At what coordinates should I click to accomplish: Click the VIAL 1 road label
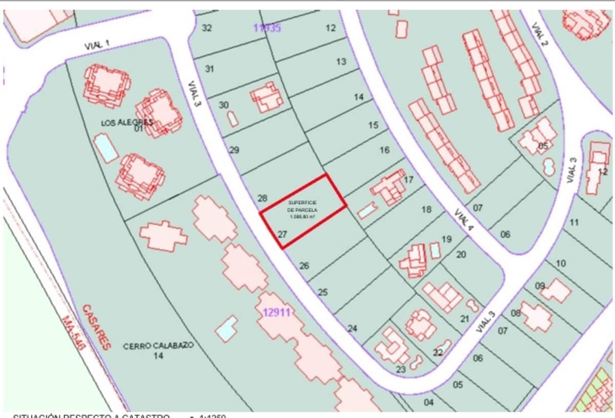(x=97, y=45)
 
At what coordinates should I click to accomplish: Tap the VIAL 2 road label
(x=540, y=34)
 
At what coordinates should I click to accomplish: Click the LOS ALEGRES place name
(x=127, y=122)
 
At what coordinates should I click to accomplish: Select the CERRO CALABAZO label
(x=158, y=346)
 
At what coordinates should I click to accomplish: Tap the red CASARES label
(x=96, y=326)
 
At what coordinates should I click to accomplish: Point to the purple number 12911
(x=277, y=312)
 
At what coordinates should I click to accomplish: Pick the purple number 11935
(x=267, y=28)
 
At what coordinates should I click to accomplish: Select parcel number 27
(x=282, y=235)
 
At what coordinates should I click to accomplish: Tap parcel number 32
(x=207, y=28)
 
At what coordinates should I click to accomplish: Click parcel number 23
(x=401, y=369)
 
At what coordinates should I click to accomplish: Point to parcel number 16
(x=384, y=150)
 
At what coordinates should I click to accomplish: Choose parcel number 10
(x=561, y=263)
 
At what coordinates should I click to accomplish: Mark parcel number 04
(x=428, y=402)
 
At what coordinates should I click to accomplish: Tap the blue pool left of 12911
(x=226, y=328)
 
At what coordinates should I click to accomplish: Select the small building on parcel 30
(x=233, y=119)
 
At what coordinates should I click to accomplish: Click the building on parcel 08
(x=536, y=316)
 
